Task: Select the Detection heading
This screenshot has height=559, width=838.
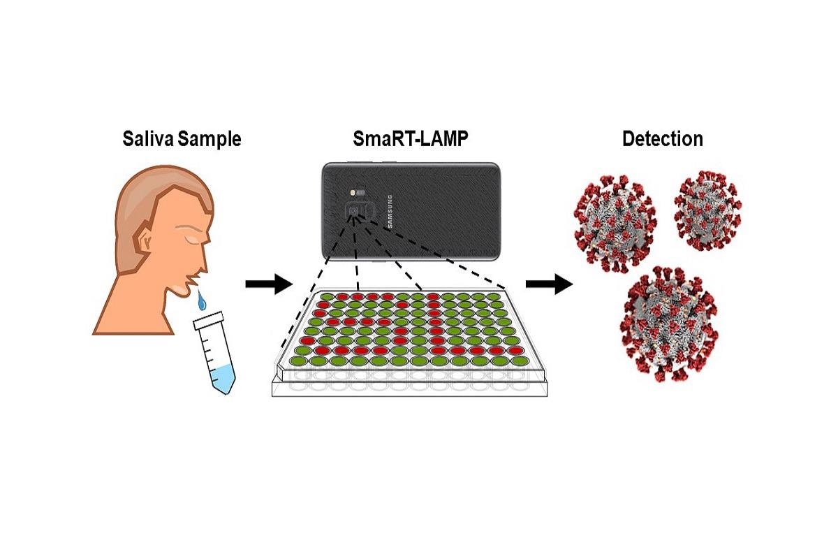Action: [662, 139]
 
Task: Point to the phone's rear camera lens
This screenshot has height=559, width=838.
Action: [355, 210]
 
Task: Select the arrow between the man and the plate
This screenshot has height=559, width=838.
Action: [268, 284]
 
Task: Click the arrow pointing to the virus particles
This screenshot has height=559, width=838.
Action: [548, 284]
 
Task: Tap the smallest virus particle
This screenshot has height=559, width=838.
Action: [707, 209]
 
